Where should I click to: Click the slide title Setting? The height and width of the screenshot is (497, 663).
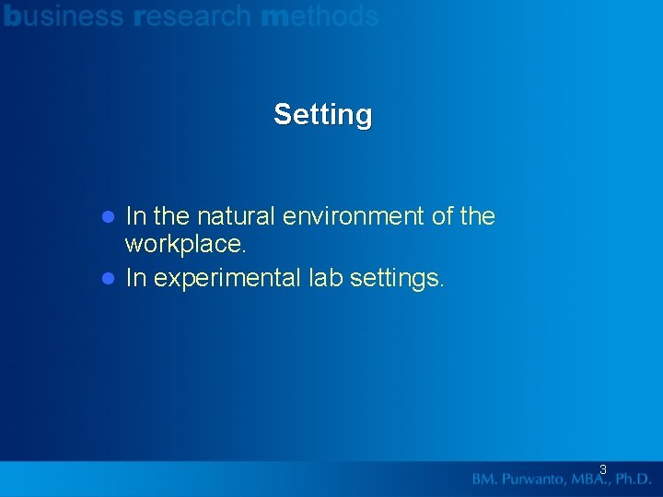pyautogui.click(x=323, y=115)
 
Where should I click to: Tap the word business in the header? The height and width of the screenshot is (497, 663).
pyautogui.click(x=64, y=16)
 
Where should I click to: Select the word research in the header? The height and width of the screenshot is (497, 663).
pyautogui.click(x=192, y=16)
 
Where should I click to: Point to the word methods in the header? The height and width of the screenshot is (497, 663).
pyautogui.click(x=320, y=16)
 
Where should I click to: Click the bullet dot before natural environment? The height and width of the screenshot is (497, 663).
pyautogui.click(x=107, y=217)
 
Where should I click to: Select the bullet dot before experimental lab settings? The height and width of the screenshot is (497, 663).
pyautogui.click(x=107, y=279)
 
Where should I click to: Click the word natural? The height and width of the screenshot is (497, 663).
pyautogui.click(x=237, y=217)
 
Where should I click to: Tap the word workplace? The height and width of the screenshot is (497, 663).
pyautogui.click(x=185, y=245)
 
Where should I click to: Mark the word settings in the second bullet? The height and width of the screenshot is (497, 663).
pyautogui.click(x=398, y=279)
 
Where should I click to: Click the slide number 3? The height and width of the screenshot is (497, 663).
pyautogui.click(x=603, y=469)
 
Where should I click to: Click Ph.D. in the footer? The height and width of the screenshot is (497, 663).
pyautogui.click(x=634, y=480)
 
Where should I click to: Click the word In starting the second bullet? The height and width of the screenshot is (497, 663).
pyautogui.click(x=134, y=279)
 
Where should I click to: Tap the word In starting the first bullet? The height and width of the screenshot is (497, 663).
pyautogui.click(x=134, y=217)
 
